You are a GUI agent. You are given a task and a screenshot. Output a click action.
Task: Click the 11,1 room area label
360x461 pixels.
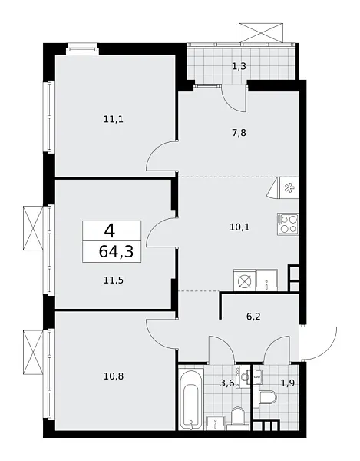tap(114, 119)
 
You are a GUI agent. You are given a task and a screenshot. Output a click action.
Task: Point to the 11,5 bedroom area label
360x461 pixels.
tap(112, 280)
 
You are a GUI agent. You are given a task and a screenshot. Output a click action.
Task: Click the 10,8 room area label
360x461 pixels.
tap(112, 377)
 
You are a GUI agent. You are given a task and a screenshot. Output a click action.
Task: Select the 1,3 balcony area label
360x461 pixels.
tap(239, 66)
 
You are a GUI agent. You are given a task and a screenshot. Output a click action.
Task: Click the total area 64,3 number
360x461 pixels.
tap(114, 250)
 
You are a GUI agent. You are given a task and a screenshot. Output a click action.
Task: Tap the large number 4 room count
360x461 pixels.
tap(111, 229)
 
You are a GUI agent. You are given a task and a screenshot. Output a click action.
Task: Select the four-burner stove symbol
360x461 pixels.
tap(288, 224)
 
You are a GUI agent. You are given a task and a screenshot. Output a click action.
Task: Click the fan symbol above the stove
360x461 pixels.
tap(289, 187)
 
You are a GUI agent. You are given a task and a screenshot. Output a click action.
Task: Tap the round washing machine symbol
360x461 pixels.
tap(245, 280)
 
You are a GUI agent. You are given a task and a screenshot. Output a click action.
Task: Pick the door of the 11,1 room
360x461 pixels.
tap(163, 159)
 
